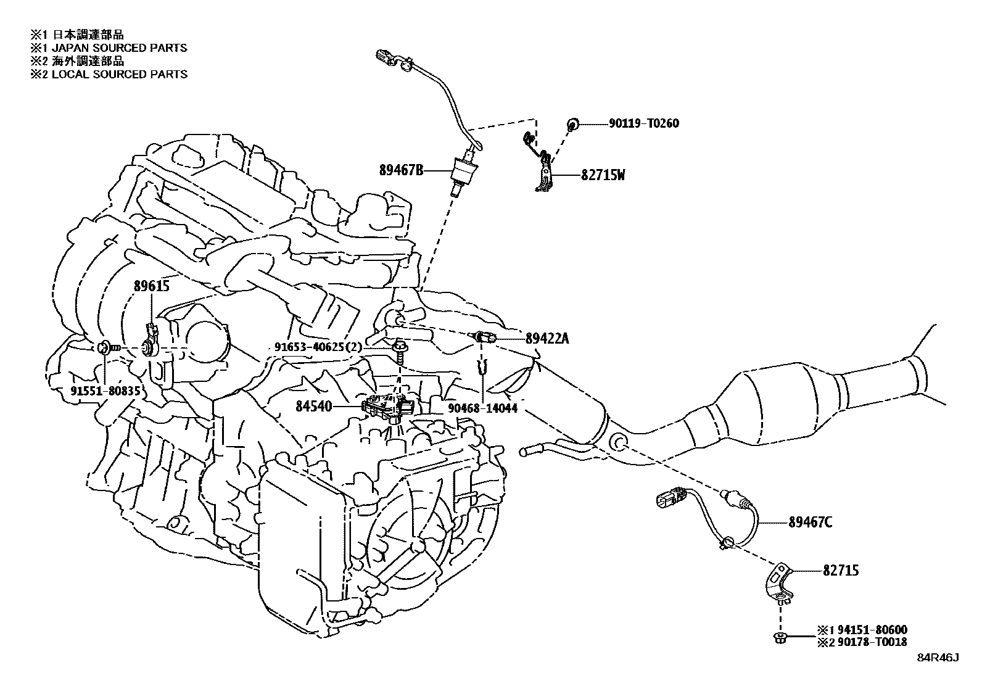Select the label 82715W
[x=603, y=175]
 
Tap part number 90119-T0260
[x=643, y=124]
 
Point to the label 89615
[x=152, y=286]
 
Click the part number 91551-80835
[x=105, y=391]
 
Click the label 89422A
[x=547, y=338]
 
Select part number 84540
[x=313, y=407]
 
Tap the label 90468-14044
[x=482, y=408]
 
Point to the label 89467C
[x=810, y=523]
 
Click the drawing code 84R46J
[x=938, y=658]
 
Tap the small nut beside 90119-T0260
[x=572, y=125]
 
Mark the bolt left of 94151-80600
[x=779, y=637]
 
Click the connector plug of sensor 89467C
[x=670, y=498]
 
